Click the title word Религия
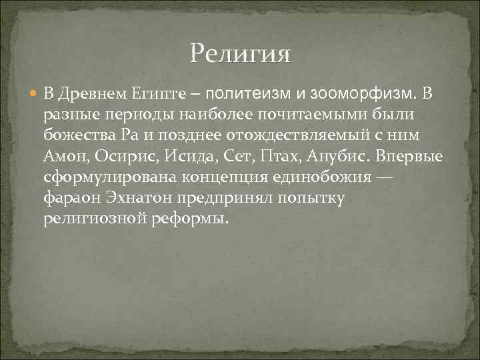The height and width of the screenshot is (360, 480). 240,53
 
